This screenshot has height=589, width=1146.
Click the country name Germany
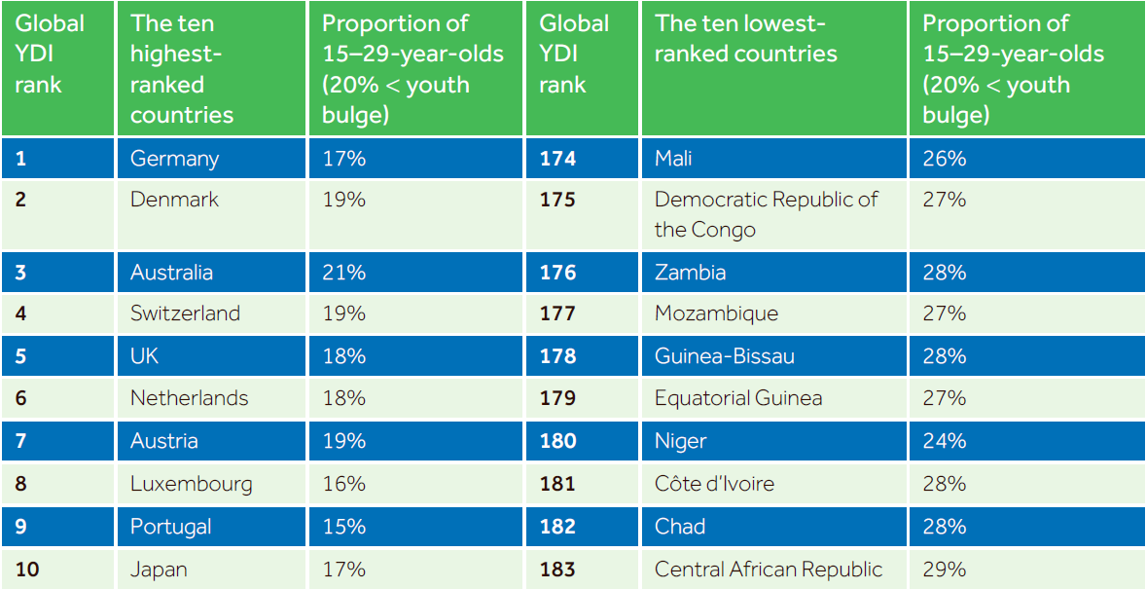coord(174,159)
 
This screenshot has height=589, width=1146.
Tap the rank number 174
coord(557,158)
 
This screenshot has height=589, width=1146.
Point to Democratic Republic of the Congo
coord(766,213)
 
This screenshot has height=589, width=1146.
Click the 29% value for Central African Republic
coord(945,569)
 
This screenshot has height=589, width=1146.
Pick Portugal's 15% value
coord(343,526)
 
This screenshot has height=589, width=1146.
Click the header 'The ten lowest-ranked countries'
coord(745,39)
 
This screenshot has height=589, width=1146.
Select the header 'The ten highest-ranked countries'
coord(183,69)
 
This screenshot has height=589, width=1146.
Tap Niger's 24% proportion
coord(945,441)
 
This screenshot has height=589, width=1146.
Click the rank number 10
coord(25,569)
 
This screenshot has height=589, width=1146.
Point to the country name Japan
coord(159,570)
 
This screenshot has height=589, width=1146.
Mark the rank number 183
coord(557,569)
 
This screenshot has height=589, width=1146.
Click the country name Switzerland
coord(185,313)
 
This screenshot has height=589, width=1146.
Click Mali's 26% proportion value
coord(945,158)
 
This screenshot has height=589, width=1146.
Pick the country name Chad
coord(680,526)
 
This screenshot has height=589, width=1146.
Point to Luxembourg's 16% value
coord(343,484)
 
